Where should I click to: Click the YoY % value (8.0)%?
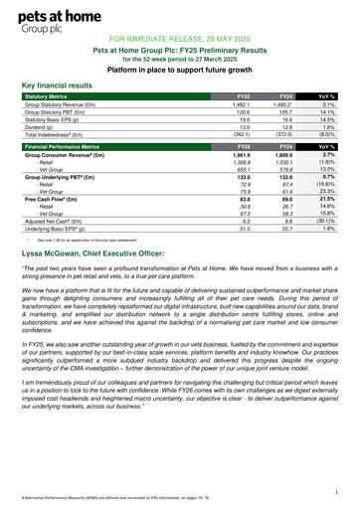point(325,134)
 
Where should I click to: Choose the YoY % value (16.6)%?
point(324,184)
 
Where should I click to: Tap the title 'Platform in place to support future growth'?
point(179,71)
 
